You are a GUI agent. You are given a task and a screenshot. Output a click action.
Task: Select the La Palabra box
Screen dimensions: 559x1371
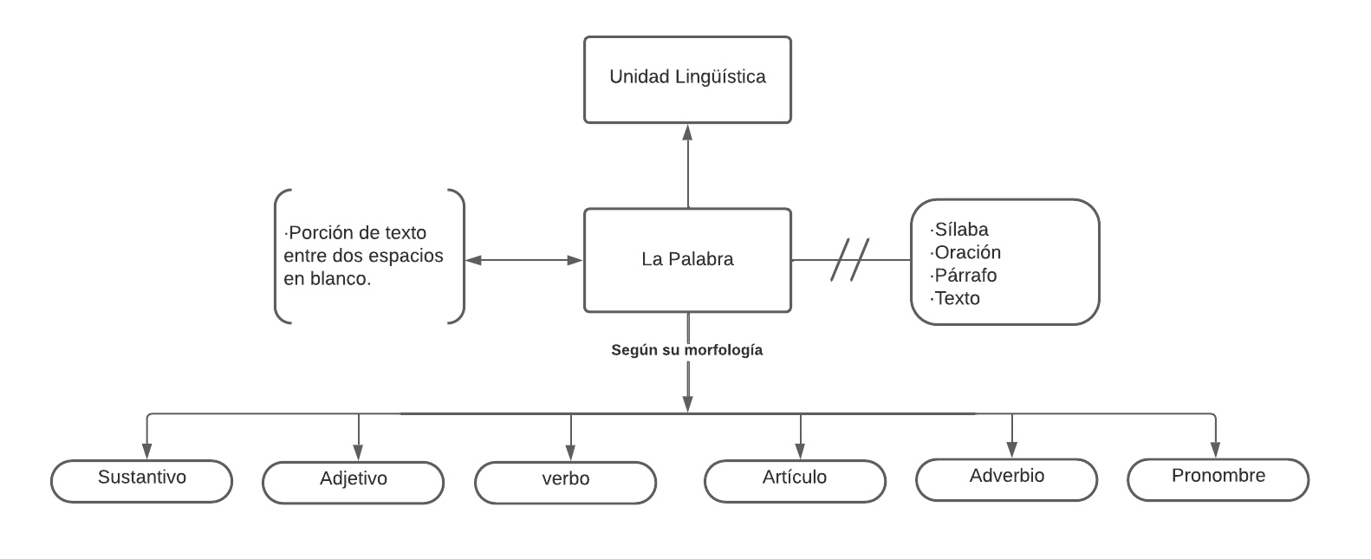click(687, 259)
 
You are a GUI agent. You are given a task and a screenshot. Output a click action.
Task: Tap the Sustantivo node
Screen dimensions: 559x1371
click(142, 480)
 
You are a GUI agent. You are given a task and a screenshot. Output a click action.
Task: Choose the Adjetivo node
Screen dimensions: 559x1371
click(354, 481)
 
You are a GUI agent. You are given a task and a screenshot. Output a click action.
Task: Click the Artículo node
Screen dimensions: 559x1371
click(795, 480)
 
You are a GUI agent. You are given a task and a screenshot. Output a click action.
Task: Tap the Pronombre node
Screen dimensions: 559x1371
click(1218, 478)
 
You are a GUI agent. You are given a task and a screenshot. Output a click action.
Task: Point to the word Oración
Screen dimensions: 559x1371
click(967, 252)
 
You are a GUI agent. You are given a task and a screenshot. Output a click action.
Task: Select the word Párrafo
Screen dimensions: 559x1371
click(965, 276)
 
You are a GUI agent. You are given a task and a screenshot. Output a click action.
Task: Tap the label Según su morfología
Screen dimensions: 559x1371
click(687, 350)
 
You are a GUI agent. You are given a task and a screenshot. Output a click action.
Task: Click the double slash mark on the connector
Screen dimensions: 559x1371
click(850, 259)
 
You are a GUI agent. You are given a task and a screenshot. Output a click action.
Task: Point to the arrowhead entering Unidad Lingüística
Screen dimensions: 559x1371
click(688, 133)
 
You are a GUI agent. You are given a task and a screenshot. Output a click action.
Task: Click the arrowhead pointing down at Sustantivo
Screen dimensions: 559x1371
click(146, 451)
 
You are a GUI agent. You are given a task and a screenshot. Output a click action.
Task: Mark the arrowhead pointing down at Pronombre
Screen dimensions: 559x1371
click(1215, 450)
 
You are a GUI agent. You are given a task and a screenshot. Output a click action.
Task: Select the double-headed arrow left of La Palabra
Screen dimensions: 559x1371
click(524, 260)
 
